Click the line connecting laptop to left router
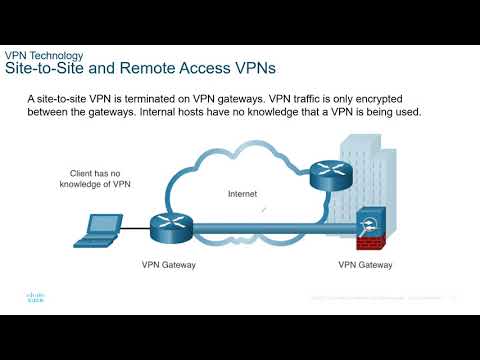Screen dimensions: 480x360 pos(132,229)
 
